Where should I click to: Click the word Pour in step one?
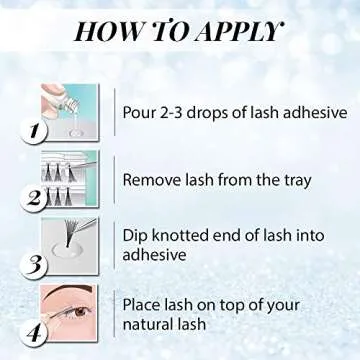pyautogui.click(x=140, y=110)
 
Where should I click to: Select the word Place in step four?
pyautogui.click(x=144, y=302)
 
